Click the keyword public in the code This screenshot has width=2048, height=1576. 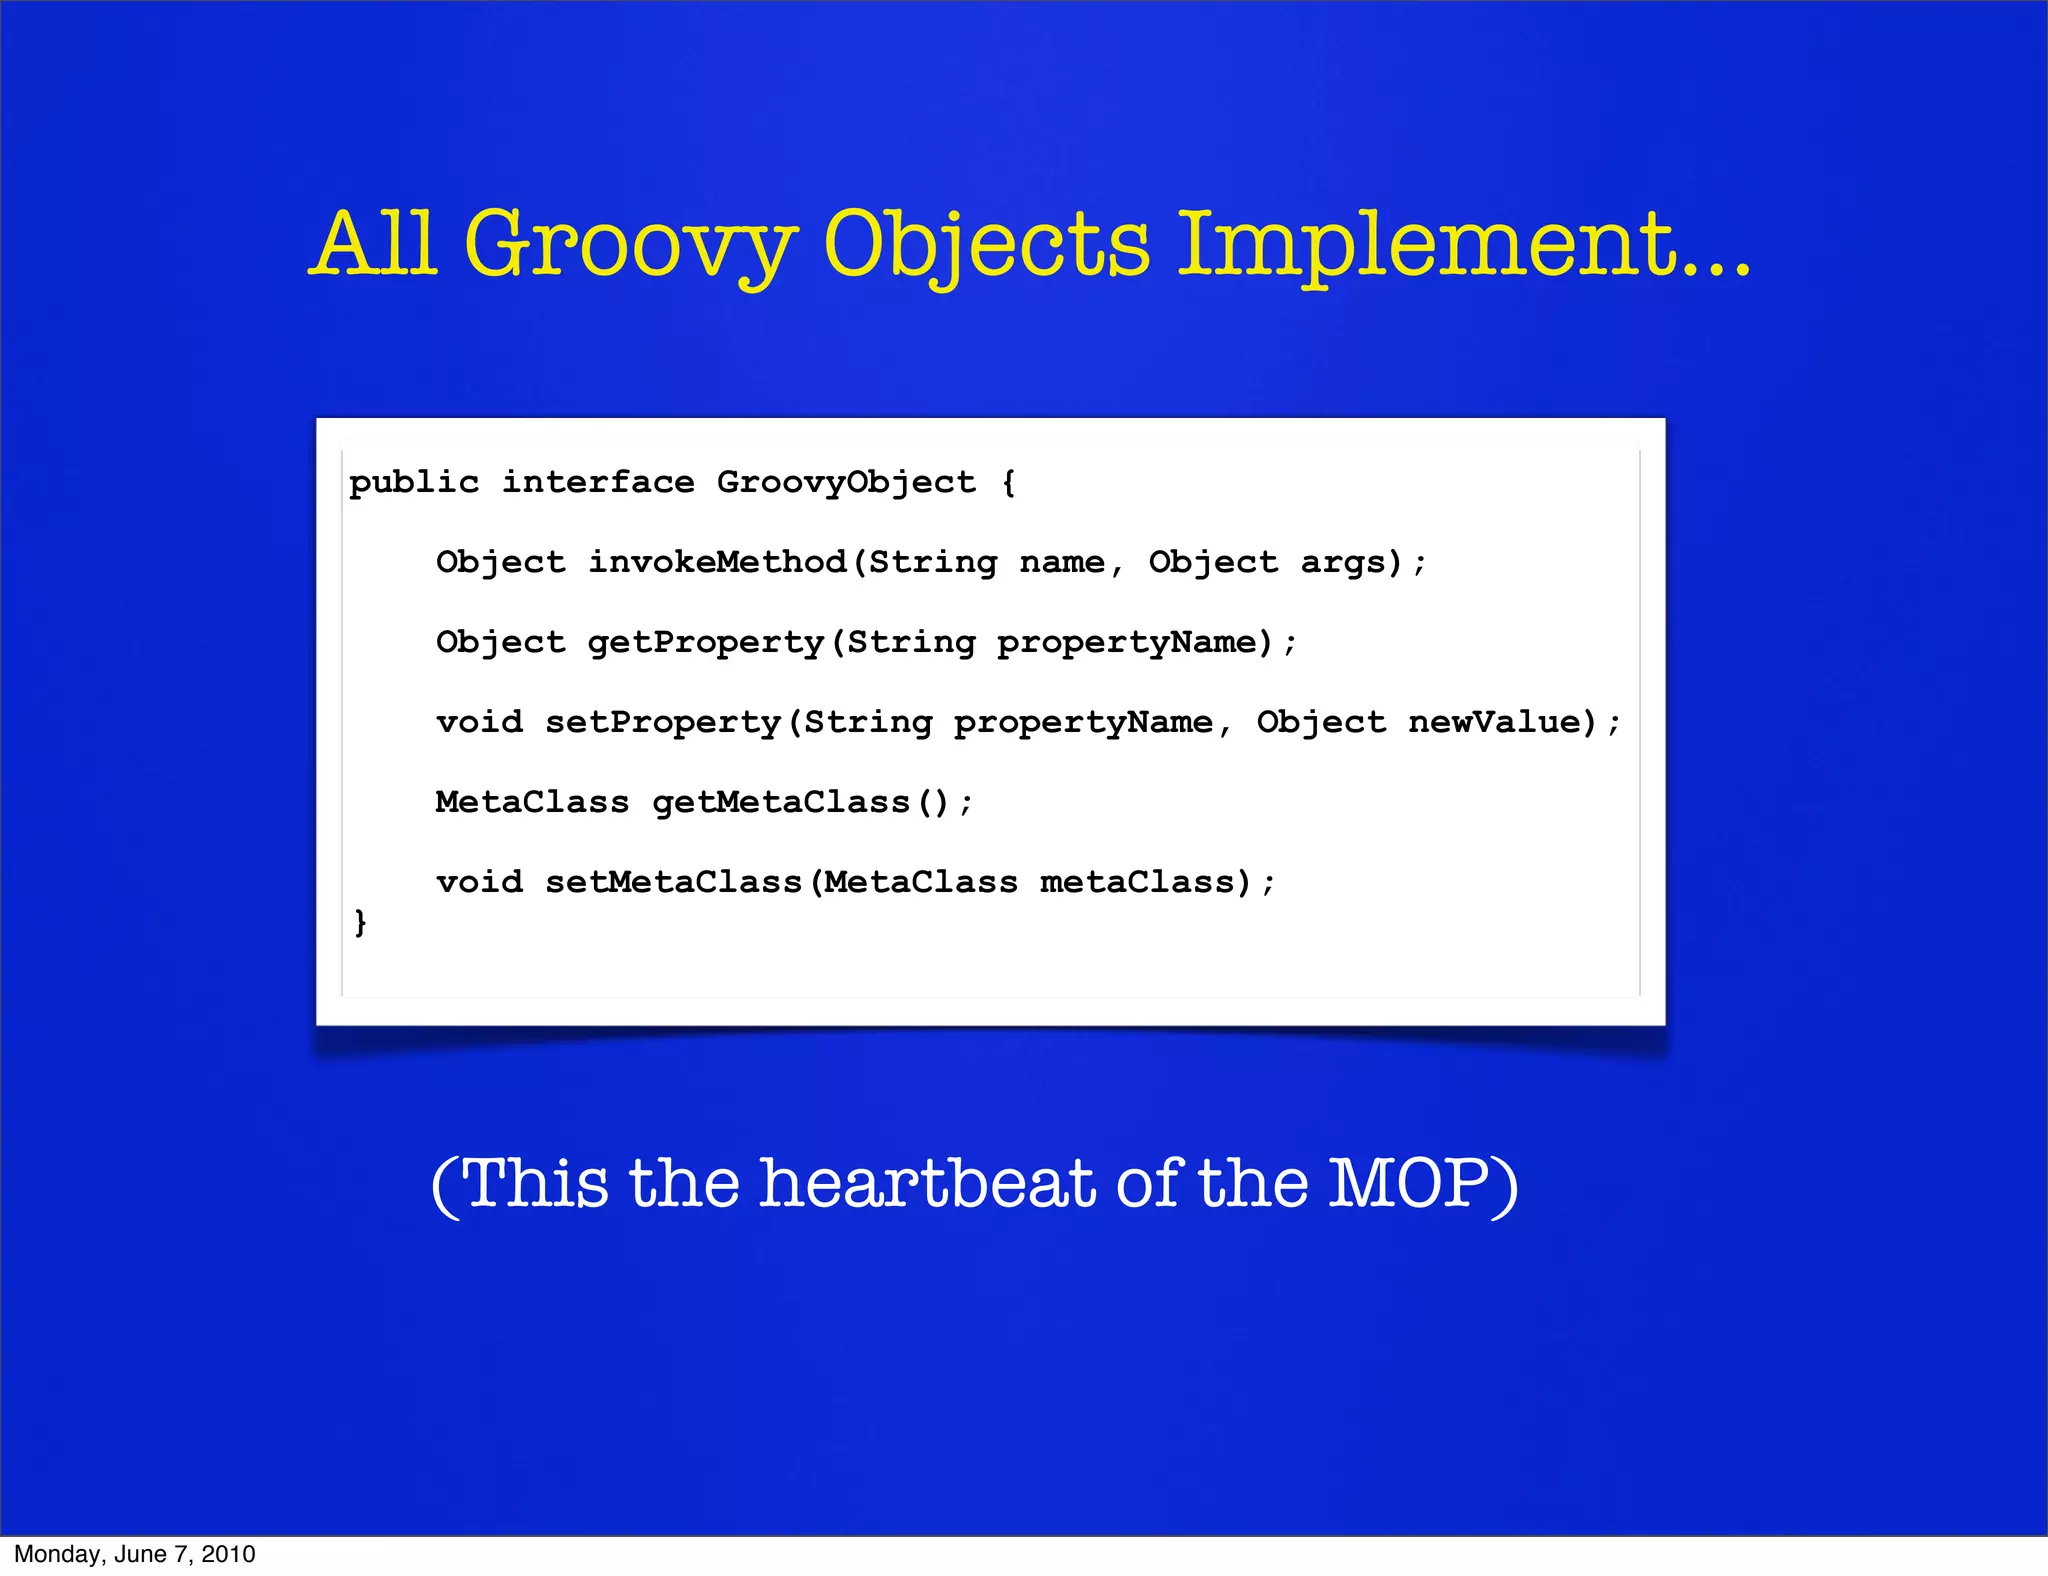[x=414, y=483]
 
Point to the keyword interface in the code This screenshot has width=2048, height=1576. [x=598, y=483]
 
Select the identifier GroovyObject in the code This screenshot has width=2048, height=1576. [x=846, y=483]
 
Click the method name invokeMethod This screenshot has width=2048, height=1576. [x=717, y=562]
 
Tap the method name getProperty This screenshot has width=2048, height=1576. [x=706, y=642]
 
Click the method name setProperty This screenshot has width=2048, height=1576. [x=663, y=722]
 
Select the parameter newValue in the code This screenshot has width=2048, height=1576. [x=1502, y=722]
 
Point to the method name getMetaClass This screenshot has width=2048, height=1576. [x=781, y=802]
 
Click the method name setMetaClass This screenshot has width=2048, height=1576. [x=674, y=882]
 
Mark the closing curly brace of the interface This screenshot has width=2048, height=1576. [x=360, y=921]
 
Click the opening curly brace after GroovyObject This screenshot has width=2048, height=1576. [x=1008, y=483]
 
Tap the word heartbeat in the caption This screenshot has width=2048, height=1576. [x=928, y=1183]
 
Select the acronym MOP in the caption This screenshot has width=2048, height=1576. [x=1409, y=1183]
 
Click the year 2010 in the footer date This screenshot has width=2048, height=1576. [x=229, y=1554]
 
